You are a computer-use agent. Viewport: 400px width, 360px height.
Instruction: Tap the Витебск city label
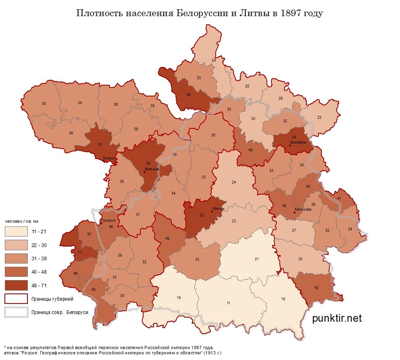point(299,142)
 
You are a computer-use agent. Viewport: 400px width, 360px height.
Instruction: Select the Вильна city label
point(152,169)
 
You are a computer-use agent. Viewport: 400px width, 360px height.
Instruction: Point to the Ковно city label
point(108,158)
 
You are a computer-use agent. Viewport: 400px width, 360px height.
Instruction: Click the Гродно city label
point(108,220)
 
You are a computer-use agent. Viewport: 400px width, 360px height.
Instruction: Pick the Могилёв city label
point(303,209)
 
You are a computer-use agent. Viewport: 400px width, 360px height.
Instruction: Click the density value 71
point(80,252)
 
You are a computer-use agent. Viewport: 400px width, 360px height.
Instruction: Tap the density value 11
point(228,302)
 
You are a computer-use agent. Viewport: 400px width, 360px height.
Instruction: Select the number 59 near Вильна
point(148,163)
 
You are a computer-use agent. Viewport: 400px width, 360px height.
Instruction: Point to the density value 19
point(178,297)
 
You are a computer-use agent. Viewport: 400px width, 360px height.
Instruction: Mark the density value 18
point(283,299)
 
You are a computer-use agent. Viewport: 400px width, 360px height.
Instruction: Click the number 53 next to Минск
point(202,216)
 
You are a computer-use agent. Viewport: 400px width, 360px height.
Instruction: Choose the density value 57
point(100,144)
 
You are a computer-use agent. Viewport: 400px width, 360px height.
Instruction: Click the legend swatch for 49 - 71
point(16,285)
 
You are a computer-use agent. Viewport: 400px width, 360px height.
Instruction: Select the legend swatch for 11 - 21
point(16,231)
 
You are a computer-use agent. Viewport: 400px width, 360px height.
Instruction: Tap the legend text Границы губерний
point(52,299)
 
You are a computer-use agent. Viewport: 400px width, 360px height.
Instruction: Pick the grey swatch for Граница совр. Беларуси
point(16,312)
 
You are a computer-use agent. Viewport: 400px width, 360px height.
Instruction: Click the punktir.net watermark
point(337,318)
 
